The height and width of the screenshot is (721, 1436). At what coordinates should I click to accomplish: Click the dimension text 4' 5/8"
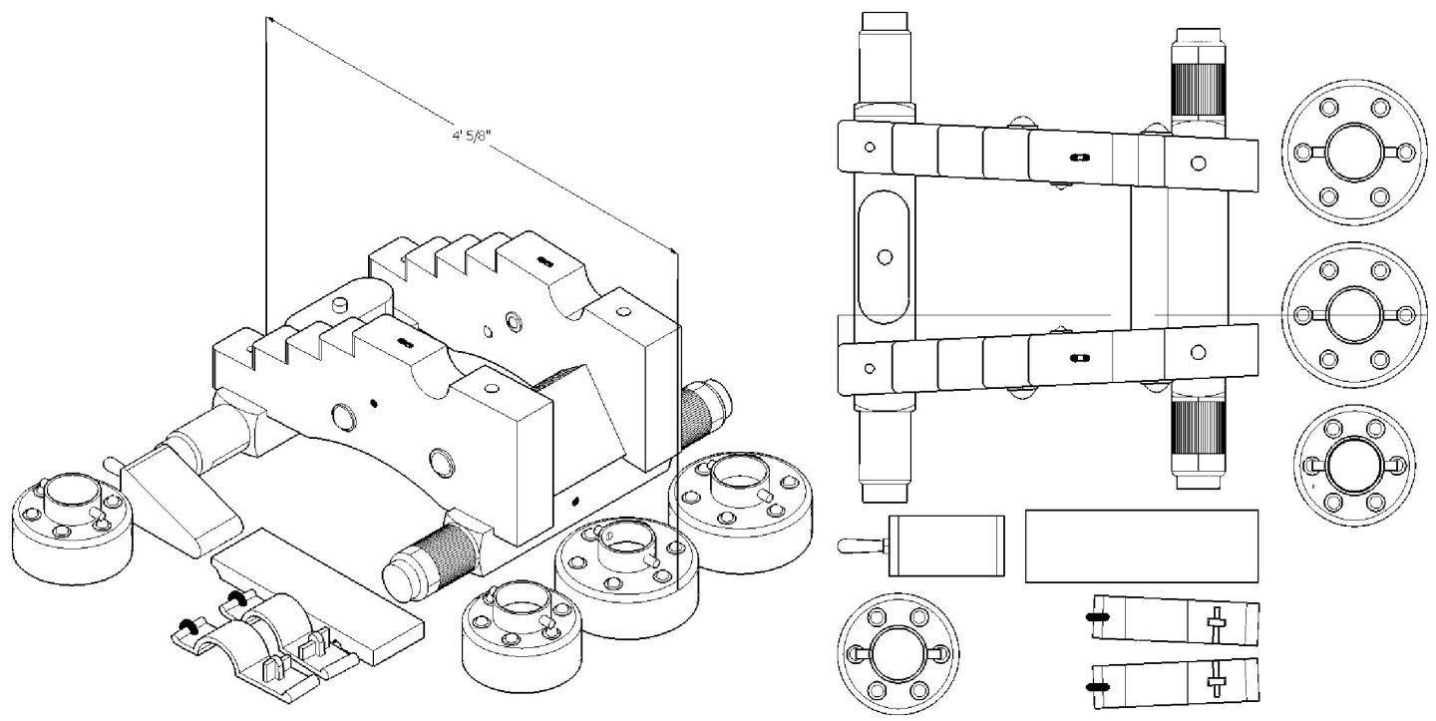(x=469, y=140)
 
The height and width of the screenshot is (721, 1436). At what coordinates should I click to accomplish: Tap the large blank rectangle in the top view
(x=1142, y=545)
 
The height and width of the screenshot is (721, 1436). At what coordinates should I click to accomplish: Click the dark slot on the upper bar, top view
(x=1077, y=159)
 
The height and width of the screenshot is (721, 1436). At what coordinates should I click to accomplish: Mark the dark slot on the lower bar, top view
(x=1077, y=356)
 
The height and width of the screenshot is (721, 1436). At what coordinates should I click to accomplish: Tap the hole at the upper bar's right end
(x=1198, y=162)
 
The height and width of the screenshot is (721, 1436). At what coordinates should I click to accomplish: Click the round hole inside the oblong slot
(x=884, y=256)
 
